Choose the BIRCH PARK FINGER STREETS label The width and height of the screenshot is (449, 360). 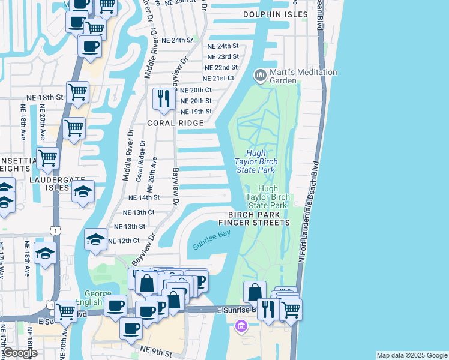[x=259, y=218]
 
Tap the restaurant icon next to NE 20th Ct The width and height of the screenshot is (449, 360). [x=163, y=98]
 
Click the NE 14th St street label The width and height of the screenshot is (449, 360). [x=144, y=197]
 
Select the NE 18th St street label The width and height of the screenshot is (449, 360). [x=45, y=97]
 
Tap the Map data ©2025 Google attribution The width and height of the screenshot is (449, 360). [x=411, y=355]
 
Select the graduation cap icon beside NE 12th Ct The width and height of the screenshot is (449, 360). [x=95, y=239]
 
